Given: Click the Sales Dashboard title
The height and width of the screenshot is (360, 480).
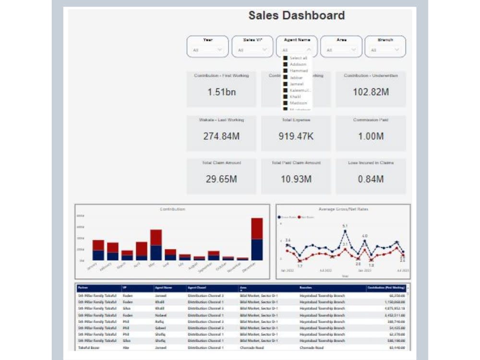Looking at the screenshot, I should point(296,15).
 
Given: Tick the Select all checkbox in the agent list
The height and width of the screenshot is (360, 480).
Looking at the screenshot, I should point(285,58).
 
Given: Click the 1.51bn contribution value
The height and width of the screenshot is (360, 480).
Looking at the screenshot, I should point(221,92).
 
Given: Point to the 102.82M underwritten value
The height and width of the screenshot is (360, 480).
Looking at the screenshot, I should point(371,92).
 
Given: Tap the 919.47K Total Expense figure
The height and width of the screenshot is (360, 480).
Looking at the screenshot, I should point(296,136).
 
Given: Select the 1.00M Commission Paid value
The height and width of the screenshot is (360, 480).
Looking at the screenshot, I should point(371,136).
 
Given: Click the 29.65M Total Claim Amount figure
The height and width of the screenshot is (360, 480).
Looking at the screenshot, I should point(221,180).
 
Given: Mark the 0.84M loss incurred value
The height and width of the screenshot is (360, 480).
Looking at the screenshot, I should point(371,180).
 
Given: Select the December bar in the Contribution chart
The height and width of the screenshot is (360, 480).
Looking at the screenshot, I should point(257,239).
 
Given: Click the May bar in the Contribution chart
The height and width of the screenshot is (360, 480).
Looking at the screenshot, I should point(156,245).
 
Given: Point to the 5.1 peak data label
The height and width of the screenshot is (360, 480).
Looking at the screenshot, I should point(345,226).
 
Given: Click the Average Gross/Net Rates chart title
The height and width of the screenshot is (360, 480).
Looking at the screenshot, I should point(343,209).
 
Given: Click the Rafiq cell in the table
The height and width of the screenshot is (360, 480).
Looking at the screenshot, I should point(160,321).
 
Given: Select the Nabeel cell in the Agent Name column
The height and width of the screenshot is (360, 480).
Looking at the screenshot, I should point(160,315).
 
